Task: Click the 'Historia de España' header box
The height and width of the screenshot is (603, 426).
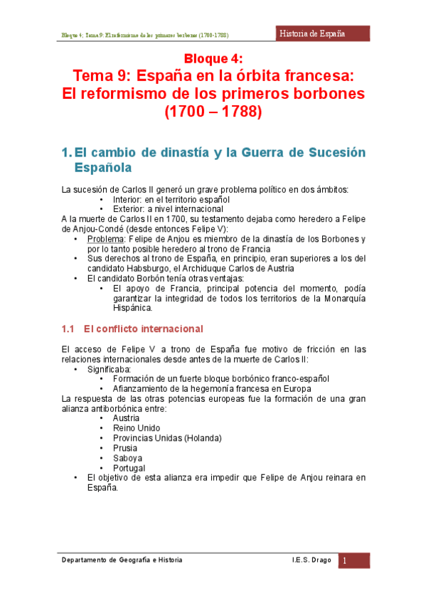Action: (x=322, y=33)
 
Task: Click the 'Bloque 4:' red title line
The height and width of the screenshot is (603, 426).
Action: (x=213, y=58)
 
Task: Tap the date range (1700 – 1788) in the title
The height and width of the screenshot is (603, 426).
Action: (x=213, y=112)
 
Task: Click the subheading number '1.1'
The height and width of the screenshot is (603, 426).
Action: (x=68, y=329)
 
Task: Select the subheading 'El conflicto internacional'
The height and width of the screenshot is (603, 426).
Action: (x=143, y=329)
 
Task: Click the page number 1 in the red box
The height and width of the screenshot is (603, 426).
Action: (x=344, y=561)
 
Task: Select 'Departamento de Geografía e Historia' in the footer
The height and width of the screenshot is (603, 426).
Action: (x=122, y=560)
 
